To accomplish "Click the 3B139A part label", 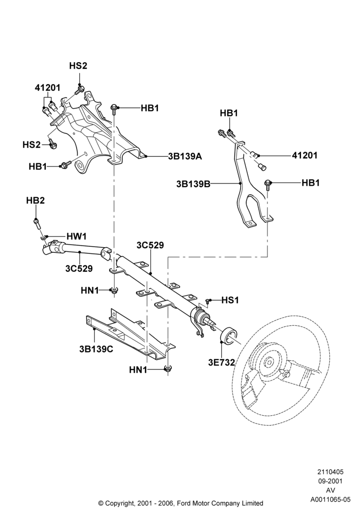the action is click(185, 156).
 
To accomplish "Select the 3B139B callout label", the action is click(193, 184).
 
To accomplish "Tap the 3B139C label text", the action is click(96, 349).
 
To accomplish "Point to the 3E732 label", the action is click(222, 362).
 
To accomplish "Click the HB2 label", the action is click(35, 200).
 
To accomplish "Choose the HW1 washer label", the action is click(77, 236).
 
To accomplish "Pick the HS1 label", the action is click(230, 300).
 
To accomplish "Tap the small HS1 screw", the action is click(207, 301).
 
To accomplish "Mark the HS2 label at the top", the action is click(78, 66).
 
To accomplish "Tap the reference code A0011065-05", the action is click(331, 500).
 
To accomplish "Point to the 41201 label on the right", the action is click(304, 155).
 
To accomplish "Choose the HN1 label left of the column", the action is click(89, 290).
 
